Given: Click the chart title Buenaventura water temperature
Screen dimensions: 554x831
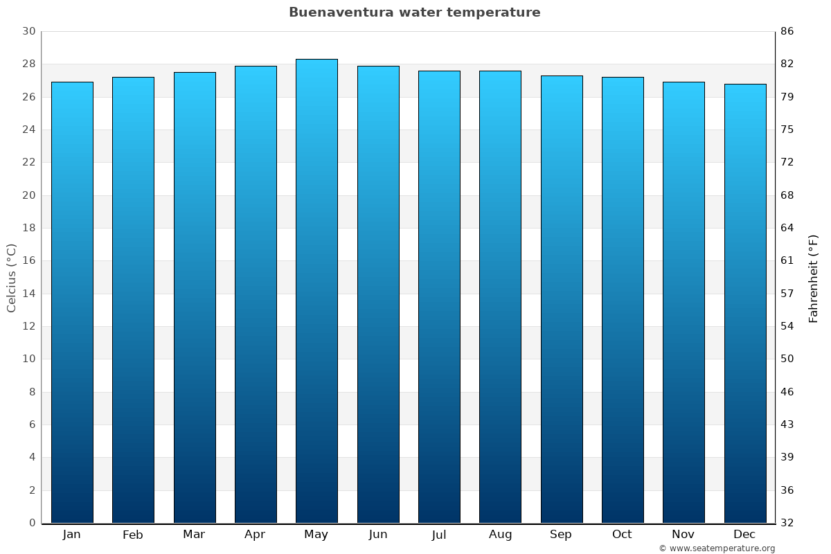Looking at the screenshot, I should [414, 12].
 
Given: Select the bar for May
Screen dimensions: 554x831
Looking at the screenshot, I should [316, 291].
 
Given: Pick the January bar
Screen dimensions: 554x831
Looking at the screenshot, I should [72, 302].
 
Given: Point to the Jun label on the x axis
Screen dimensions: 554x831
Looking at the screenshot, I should [378, 535].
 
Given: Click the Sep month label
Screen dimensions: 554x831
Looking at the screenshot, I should [561, 535].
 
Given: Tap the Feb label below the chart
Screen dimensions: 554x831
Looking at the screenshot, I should [133, 535].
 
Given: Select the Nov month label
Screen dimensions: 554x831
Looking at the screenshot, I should [683, 535].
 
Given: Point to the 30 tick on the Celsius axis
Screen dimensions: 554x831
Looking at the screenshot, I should [29, 31].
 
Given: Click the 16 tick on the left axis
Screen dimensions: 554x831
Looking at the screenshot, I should [29, 261].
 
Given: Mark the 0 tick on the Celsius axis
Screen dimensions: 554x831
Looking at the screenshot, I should [32, 523].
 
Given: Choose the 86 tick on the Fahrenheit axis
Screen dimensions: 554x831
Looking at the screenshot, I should [787, 31].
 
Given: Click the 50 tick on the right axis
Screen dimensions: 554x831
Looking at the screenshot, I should [787, 359].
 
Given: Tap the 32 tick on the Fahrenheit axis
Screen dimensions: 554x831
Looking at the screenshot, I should [787, 523].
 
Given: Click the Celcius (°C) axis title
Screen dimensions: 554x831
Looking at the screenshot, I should [12, 277].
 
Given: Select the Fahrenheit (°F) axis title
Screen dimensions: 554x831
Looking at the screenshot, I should [814, 278].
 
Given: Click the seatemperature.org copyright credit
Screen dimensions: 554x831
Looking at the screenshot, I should [717, 548].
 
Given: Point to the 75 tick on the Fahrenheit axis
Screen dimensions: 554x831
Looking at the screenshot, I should [787, 129].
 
